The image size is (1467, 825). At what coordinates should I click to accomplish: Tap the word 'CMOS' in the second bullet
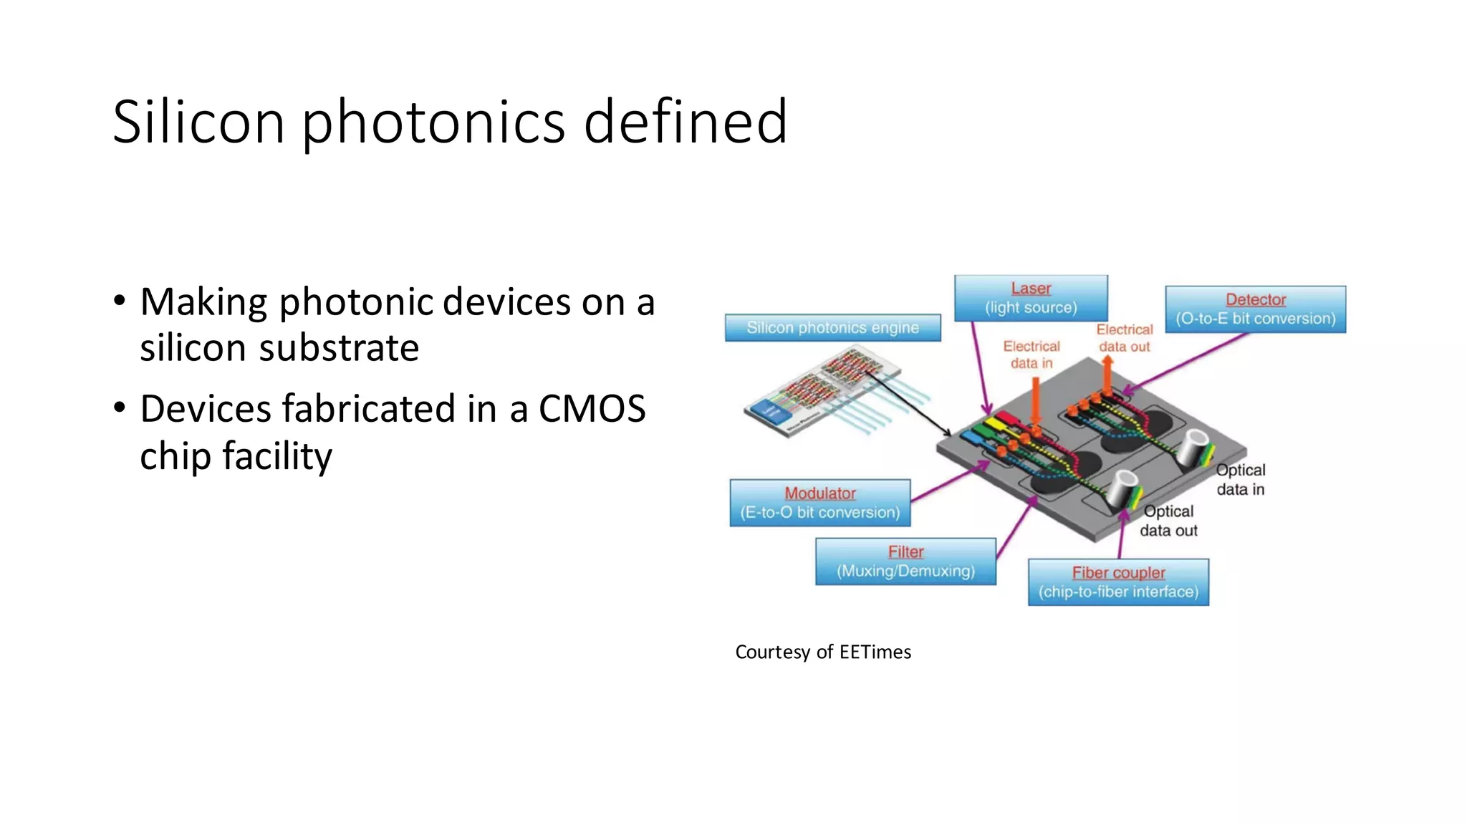pyautogui.click(x=592, y=409)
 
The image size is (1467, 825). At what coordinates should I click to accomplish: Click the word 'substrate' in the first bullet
pyautogui.click(x=338, y=348)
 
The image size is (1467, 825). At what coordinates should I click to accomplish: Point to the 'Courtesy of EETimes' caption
pyautogui.click(x=823, y=652)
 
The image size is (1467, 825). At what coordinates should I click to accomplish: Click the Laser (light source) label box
pyautogui.click(x=1031, y=298)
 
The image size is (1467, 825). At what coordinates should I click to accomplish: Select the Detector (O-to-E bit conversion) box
pyautogui.click(x=1255, y=309)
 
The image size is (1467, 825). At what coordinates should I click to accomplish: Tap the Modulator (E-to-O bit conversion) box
pyautogui.click(x=819, y=503)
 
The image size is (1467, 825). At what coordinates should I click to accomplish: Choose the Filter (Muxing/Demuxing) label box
pyautogui.click(x=905, y=561)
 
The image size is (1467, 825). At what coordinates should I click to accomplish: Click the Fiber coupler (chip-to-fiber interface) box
pyautogui.click(x=1118, y=582)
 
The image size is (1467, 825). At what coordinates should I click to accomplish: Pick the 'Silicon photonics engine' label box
pyautogui.click(x=832, y=327)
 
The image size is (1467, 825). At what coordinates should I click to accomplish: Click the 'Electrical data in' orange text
pyautogui.click(x=1031, y=354)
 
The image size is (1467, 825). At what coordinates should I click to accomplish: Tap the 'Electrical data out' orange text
pyautogui.click(x=1125, y=338)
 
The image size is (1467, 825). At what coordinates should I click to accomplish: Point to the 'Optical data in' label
pyautogui.click(x=1241, y=480)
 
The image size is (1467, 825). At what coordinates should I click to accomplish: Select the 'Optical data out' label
pyautogui.click(x=1168, y=521)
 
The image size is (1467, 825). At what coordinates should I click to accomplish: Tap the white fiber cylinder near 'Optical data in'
pyautogui.click(x=1194, y=448)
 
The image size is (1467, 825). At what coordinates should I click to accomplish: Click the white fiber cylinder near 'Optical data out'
pyautogui.click(x=1122, y=488)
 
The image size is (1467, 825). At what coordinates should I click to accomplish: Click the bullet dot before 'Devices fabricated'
pyautogui.click(x=120, y=408)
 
